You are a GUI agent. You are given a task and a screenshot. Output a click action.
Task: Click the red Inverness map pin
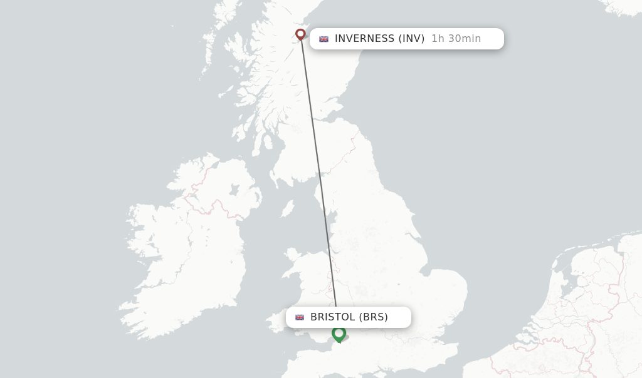tap(300, 34)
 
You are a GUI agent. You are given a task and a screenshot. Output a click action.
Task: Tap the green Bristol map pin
tap(339, 334)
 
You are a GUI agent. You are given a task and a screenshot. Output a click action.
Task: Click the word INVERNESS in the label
tap(364, 39)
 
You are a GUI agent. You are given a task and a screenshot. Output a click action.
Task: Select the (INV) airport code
tap(411, 39)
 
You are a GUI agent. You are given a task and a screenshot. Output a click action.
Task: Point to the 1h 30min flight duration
tap(456, 39)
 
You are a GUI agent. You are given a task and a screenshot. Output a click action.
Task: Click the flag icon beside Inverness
tap(324, 39)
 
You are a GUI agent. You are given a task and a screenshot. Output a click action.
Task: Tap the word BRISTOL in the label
tap(333, 317)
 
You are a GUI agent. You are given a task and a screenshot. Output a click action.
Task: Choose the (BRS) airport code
tap(374, 317)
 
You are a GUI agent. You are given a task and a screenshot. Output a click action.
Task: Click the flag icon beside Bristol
tap(300, 317)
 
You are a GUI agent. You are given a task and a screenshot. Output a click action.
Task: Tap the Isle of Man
tap(287, 208)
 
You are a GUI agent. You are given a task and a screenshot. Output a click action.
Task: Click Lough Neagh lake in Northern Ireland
tap(234, 190)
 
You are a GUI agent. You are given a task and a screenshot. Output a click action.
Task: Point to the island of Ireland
tap(188, 250)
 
